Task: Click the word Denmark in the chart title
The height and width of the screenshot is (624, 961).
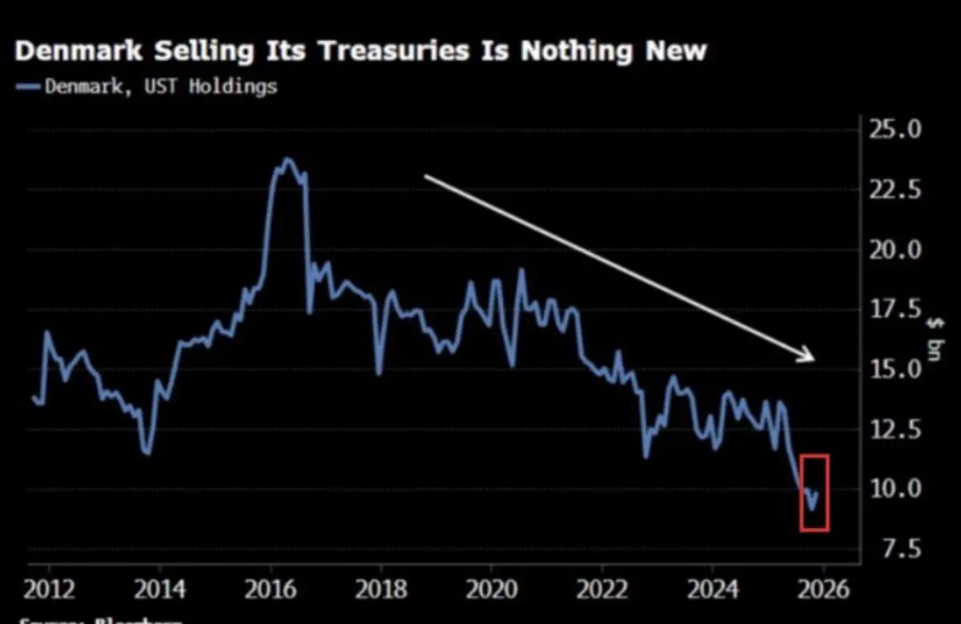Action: (x=78, y=51)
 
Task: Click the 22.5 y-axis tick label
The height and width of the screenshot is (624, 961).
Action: (x=895, y=191)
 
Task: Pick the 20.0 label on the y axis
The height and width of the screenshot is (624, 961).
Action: (x=895, y=251)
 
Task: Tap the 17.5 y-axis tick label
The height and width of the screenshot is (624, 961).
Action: (x=895, y=310)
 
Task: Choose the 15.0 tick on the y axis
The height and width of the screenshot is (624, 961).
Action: (x=895, y=370)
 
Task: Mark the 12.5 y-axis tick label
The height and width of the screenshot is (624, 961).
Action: (x=895, y=430)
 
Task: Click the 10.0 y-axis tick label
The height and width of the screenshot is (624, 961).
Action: (x=895, y=489)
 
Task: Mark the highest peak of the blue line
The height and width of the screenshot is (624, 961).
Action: (x=288, y=159)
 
